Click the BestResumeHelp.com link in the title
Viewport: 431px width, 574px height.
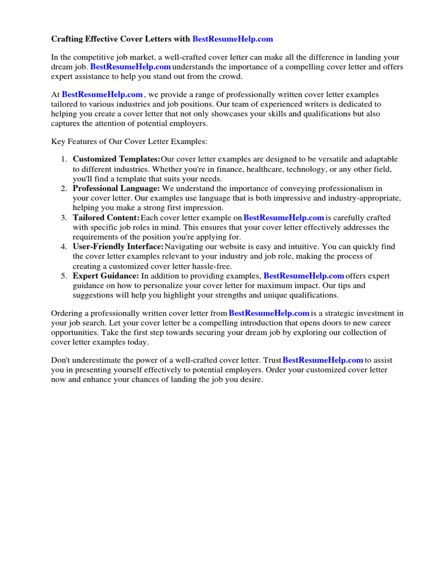point(232,39)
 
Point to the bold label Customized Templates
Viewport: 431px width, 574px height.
point(116,159)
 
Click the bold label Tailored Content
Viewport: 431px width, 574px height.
point(106,217)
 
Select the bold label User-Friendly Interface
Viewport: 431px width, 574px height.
point(118,247)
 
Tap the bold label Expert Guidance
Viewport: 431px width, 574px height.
point(106,276)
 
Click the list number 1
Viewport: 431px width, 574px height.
point(64,159)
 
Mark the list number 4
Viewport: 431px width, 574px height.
point(64,247)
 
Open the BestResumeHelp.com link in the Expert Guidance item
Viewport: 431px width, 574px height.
point(304,276)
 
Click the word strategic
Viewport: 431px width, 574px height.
point(347,313)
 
